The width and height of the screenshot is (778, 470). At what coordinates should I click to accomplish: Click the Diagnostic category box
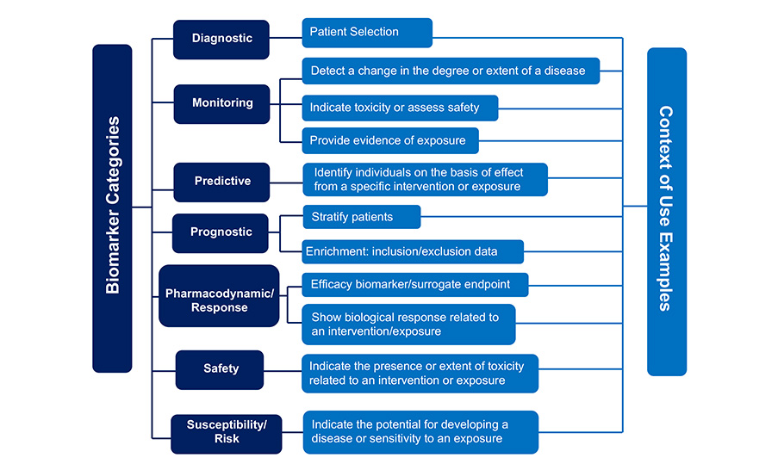(x=221, y=40)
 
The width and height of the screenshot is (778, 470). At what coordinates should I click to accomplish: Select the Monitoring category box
(x=221, y=103)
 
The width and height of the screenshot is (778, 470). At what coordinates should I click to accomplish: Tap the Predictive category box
(x=221, y=182)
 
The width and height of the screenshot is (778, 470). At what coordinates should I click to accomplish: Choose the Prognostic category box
(x=221, y=233)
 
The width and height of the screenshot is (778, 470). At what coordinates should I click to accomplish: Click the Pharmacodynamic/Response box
(x=219, y=295)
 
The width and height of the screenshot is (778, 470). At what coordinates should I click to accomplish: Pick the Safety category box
(x=220, y=370)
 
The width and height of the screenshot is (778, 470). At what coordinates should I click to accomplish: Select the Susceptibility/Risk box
(x=227, y=434)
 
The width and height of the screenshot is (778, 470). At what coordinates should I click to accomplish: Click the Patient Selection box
(x=367, y=33)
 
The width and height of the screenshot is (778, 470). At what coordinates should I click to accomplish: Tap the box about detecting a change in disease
(x=451, y=71)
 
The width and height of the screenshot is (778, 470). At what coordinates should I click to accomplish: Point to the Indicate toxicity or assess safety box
(x=400, y=108)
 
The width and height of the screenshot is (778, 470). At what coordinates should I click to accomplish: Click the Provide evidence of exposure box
(x=390, y=141)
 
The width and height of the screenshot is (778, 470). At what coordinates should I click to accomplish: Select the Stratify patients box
(x=362, y=217)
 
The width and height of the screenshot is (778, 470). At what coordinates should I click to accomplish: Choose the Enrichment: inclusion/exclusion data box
(x=413, y=252)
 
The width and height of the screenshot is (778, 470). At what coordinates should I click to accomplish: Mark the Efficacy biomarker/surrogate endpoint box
(x=415, y=285)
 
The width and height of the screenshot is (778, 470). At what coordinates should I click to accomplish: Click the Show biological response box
(x=409, y=325)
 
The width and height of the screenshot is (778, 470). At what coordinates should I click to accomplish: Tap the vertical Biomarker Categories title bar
(x=112, y=208)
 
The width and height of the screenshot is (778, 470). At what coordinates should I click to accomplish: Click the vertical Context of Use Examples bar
(x=667, y=212)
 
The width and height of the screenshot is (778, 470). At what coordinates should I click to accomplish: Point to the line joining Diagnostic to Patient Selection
(x=286, y=38)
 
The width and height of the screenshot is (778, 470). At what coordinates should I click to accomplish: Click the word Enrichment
(x=337, y=251)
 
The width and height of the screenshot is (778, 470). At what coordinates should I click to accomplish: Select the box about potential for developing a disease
(x=420, y=432)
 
